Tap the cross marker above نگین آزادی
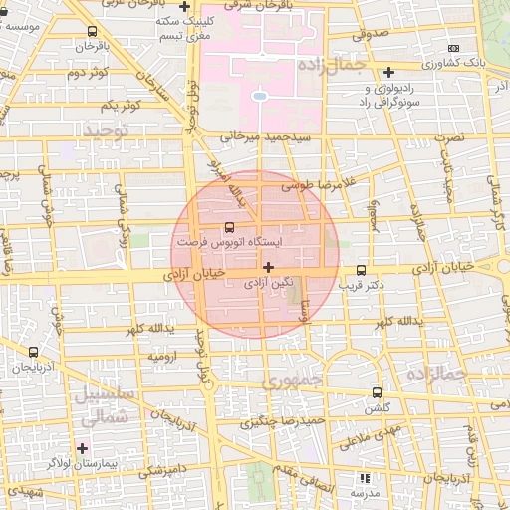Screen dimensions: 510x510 pos(268,267)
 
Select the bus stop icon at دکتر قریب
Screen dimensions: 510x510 pos(361,270)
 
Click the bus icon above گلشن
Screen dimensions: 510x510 pos(376,392)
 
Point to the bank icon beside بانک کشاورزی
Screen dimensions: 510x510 pos(454,48)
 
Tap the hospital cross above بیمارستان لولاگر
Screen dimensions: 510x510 pos(82,448)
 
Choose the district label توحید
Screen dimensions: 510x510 pos(107,130)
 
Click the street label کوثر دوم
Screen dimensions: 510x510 pos(87,74)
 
